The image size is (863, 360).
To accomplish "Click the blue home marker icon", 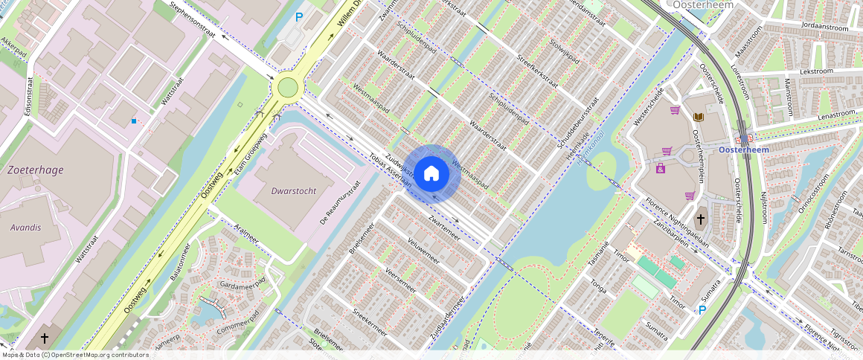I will tap(431, 174).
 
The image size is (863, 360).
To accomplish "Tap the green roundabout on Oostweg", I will tap(287, 89).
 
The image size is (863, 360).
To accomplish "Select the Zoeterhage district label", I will tap(35, 170).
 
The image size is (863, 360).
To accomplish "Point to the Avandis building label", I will tap(26, 228).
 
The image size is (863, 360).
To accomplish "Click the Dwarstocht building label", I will tap(294, 191).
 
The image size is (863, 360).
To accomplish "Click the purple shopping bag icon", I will tap(661, 168).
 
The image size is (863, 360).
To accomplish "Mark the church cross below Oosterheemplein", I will tap(700, 220).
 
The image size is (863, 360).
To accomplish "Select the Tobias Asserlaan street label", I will tap(390, 170).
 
